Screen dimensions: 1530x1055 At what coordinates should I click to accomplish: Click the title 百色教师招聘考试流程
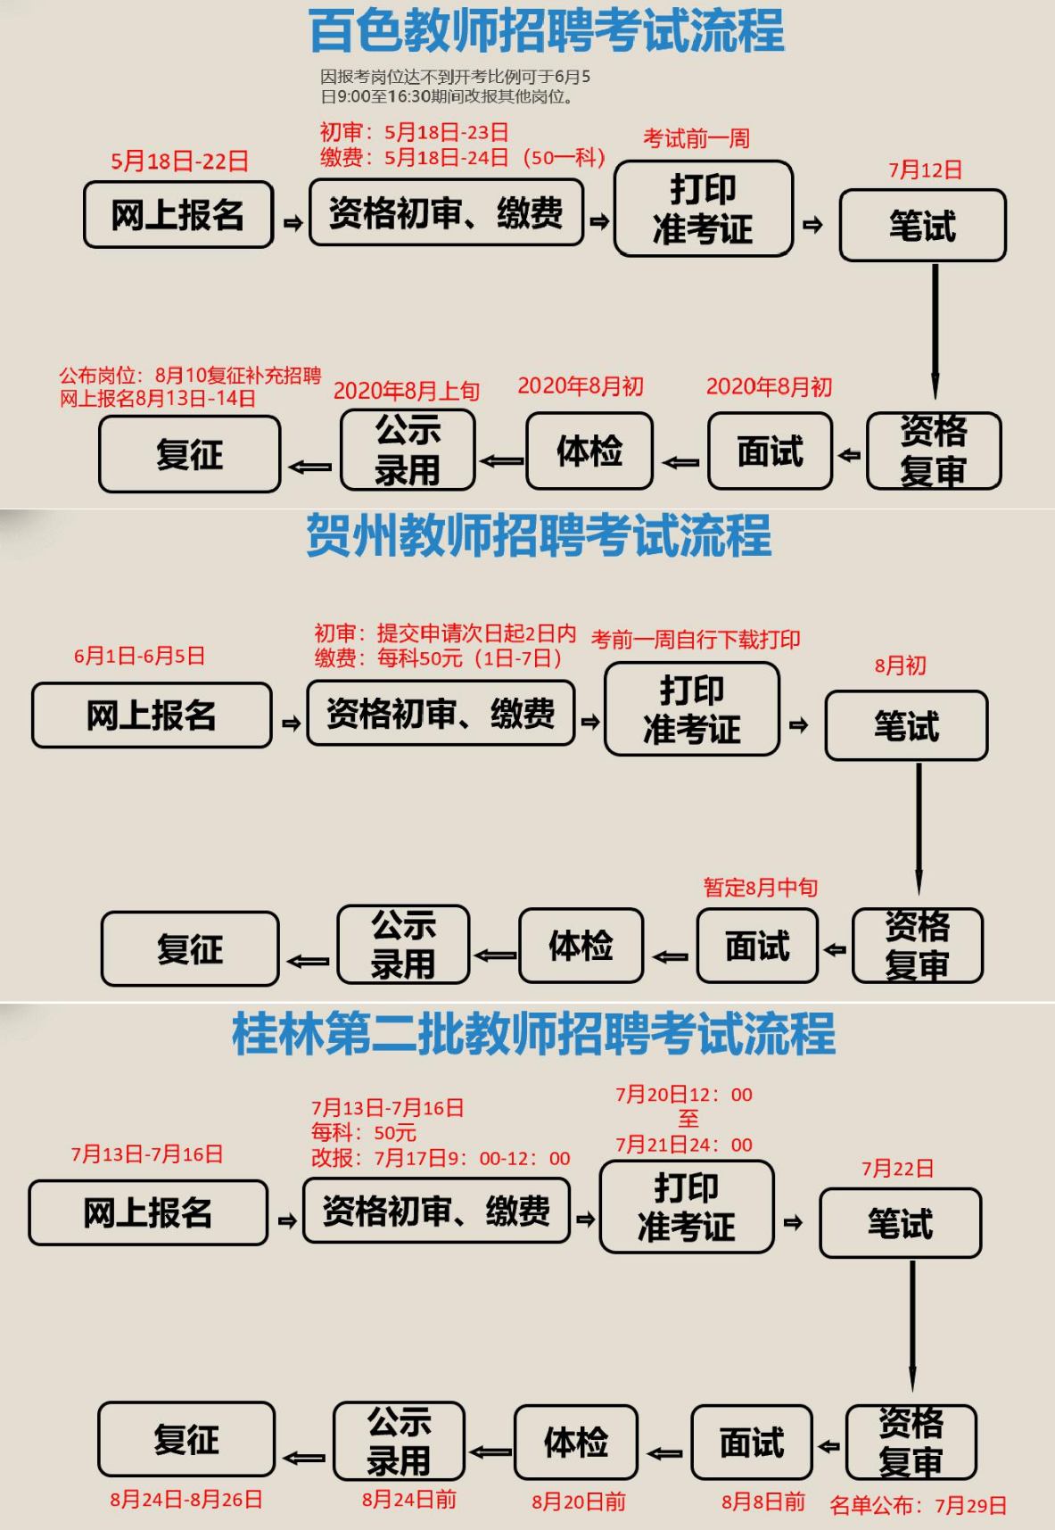546,31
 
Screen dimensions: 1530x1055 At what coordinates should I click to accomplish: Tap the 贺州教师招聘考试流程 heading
539,536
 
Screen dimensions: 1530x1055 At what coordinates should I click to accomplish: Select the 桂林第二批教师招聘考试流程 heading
533,1034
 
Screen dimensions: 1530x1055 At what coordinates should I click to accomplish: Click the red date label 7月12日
925,170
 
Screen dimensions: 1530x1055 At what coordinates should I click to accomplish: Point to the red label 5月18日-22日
179,161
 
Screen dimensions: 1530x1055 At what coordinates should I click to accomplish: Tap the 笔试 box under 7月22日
900,1223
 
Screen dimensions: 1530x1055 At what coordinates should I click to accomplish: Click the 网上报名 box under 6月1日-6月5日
152,715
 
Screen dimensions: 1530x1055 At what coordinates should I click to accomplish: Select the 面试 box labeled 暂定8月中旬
757,947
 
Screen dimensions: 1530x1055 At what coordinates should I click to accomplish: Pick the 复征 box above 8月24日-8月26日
186,1439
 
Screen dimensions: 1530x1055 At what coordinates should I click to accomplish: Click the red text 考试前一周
696,139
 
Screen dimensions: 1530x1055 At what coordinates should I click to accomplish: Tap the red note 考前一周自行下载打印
696,640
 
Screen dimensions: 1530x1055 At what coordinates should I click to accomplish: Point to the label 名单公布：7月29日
918,1506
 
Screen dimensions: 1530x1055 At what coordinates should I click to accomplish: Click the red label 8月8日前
763,1501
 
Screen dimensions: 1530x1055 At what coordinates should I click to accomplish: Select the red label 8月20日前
579,1501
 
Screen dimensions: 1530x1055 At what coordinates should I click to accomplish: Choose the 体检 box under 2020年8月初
589,451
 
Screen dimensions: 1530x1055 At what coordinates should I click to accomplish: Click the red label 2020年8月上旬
407,391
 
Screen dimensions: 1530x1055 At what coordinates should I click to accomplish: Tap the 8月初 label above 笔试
900,666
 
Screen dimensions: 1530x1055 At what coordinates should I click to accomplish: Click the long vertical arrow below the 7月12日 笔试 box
935,330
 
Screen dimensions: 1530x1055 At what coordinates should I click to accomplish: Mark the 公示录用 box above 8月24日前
399,1441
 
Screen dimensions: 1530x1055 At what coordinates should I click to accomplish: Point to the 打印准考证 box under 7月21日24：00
687,1207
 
